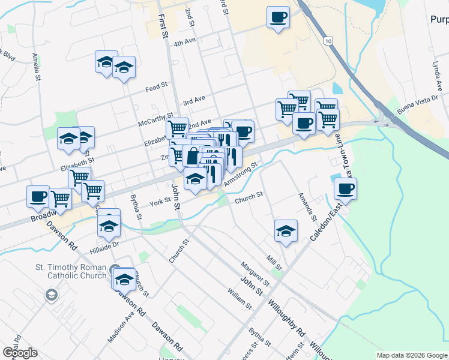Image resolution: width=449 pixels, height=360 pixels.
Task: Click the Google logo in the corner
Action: click(20, 352)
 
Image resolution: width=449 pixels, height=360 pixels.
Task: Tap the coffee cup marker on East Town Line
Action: click(345, 189)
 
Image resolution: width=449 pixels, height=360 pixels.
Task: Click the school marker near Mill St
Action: click(286, 232)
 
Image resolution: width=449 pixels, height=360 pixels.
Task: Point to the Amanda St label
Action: click(307, 207)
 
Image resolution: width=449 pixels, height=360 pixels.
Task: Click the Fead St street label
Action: click(155, 88)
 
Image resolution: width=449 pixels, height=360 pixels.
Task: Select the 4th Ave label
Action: click(185, 43)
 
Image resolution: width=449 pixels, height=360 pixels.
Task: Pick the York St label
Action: click(160, 202)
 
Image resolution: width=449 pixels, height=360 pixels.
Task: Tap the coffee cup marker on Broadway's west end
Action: click(38, 196)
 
